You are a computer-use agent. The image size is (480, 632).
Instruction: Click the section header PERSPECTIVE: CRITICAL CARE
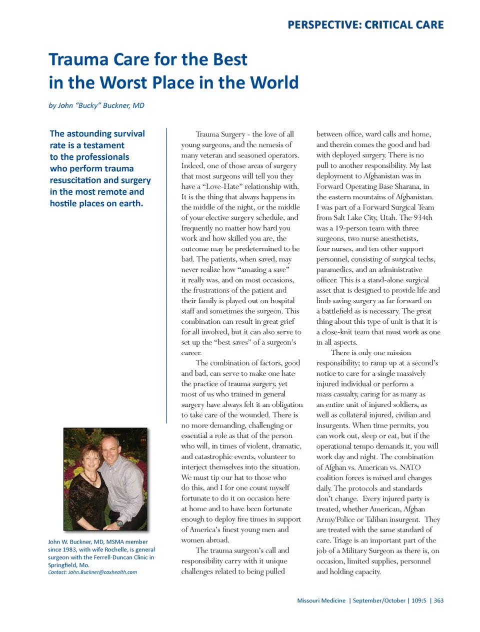tap(365, 24)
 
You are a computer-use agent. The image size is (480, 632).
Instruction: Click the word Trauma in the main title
tap(78, 59)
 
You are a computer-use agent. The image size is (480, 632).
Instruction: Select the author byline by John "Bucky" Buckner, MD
tap(96, 105)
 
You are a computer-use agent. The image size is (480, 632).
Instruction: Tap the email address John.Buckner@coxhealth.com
tap(102, 573)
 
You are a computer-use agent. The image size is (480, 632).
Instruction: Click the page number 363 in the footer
tap(438, 601)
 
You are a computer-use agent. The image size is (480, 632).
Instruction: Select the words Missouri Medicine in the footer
tap(321, 601)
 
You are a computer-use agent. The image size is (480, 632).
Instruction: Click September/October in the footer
tap(379, 601)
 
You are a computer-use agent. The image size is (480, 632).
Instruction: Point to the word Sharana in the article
tap(406, 186)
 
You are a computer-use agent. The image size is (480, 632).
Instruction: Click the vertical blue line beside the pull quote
tap(166, 275)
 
